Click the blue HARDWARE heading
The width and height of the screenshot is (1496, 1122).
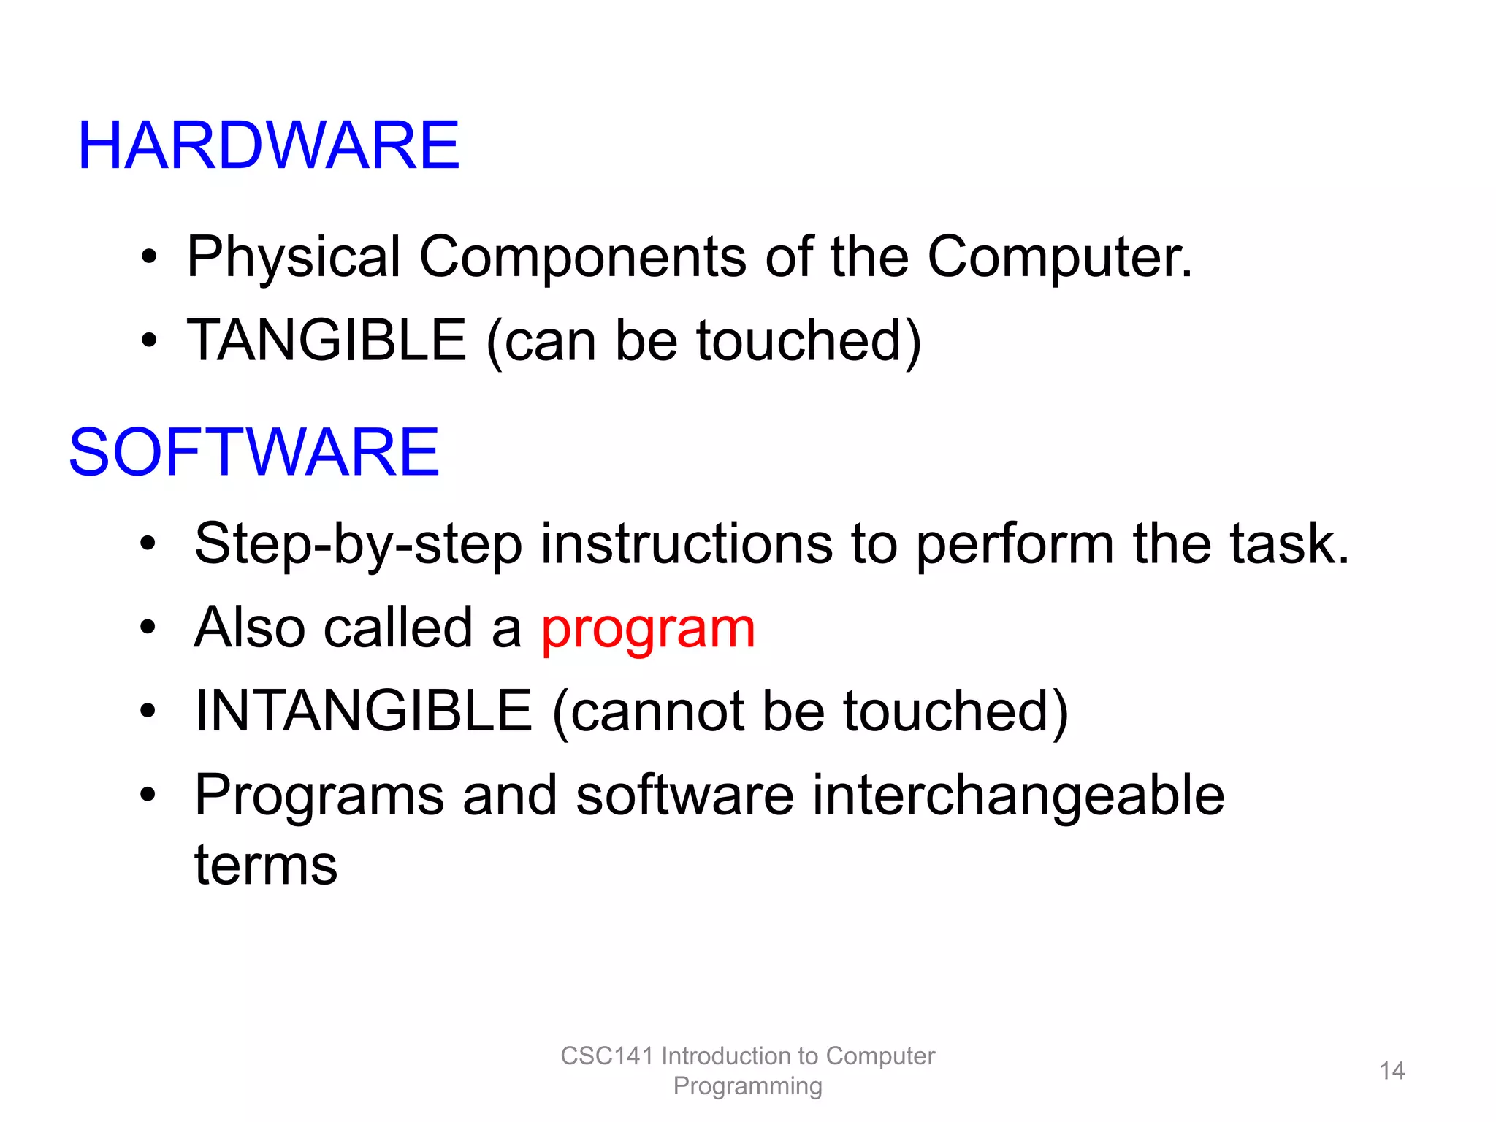click(268, 145)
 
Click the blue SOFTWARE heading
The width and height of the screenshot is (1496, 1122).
click(253, 452)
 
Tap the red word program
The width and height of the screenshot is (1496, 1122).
click(648, 629)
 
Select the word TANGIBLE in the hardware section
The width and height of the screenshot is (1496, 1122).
click(327, 340)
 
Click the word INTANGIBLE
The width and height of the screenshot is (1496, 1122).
click(363, 711)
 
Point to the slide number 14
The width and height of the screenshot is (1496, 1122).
click(1392, 1071)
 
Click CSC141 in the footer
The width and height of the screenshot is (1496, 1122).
click(606, 1056)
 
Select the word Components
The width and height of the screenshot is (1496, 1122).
click(582, 257)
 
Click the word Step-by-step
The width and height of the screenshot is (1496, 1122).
click(358, 545)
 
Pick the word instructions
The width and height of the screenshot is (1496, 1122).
click(686, 545)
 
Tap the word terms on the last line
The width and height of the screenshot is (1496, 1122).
click(266, 865)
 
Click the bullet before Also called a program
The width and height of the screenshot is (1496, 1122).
click(148, 627)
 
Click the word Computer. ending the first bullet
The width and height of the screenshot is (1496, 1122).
click(1059, 257)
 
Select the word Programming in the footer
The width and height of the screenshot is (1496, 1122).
click(747, 1086)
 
